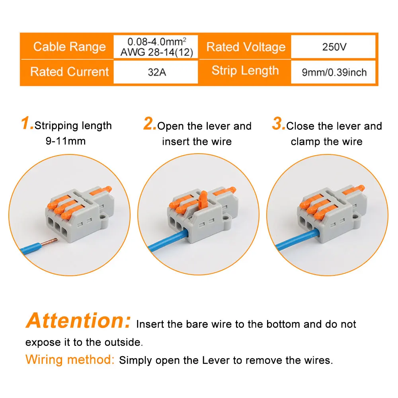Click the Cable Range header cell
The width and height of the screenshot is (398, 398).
[69, 47]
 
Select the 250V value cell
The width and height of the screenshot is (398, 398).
[334, 47]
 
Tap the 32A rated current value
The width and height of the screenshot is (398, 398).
[156, 72]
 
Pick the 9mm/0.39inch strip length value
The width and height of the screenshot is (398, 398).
[334, 72]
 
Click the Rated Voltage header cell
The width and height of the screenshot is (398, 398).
[246, 47]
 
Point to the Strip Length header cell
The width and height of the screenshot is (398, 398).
[245, 71]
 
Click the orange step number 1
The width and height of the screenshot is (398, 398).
[27, 124]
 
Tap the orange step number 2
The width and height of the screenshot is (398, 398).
[150, 124]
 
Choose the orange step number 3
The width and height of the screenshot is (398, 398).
[278, 124]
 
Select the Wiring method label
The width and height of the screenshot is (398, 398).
[70, 360]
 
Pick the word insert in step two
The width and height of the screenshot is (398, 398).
[174, 142]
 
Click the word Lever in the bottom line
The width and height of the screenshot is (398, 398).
[217, 361]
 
